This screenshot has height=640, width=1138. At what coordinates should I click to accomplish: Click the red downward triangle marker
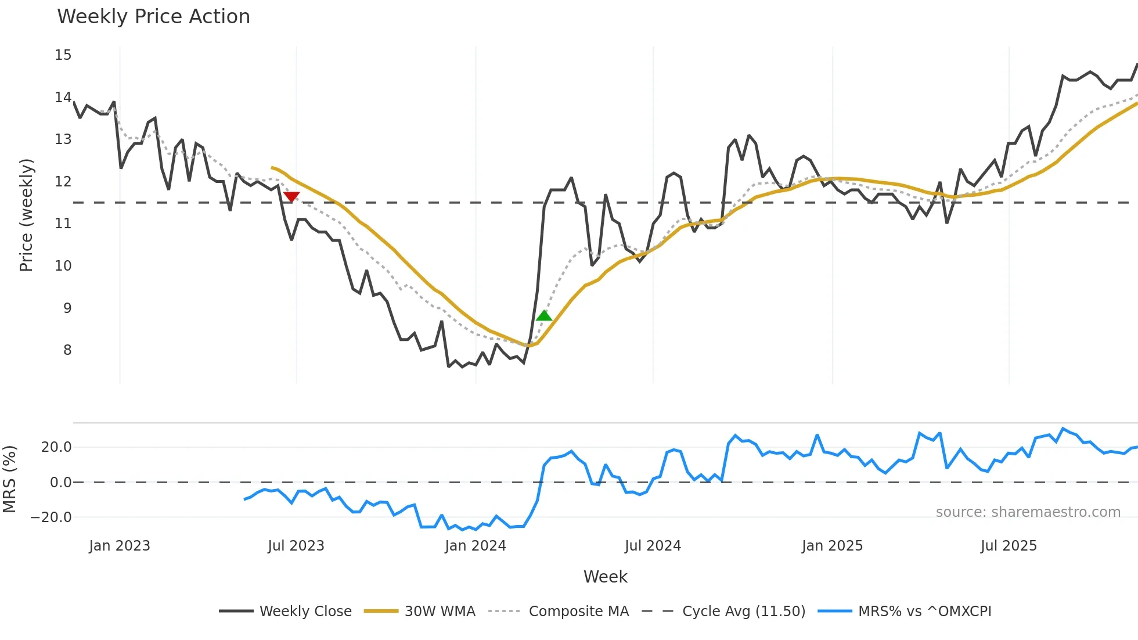tap(291, 197)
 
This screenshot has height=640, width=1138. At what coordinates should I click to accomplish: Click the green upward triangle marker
tap(544, 315)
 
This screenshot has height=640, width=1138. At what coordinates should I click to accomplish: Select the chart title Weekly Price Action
tap(153, 17)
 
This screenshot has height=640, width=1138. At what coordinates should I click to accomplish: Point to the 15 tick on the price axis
tap(63, 55)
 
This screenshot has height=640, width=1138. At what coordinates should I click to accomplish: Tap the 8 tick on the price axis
tap(67, 350)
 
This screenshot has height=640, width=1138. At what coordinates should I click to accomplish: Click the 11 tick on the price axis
tap(63, 224)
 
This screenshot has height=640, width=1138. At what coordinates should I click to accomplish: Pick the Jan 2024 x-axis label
tap(476, 546)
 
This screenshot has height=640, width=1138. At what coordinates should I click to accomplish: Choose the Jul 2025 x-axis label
tap(1009, 546)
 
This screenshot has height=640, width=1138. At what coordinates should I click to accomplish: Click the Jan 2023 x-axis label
tap(120, 546)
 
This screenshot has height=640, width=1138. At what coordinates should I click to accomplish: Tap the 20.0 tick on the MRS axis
tap(56, 447)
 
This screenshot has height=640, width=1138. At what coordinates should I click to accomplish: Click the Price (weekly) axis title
tap(26, 215)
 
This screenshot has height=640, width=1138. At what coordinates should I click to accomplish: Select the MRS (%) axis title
tap(9, 479)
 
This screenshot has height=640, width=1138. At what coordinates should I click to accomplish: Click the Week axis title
tap(605, 577)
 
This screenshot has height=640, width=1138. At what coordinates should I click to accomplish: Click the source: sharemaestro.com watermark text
tap(1028, 512)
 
